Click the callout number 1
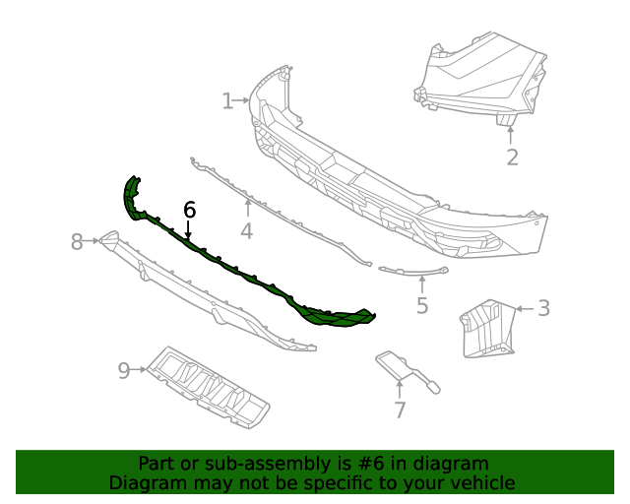click(227, 100)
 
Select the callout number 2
click(512, 157)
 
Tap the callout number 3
click(543, 308)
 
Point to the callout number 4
click(246, 231)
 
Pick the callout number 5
click(422, 305)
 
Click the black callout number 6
click(189, 210)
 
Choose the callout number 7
click(400, 410)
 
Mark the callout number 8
click(78, 241)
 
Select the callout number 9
click(124, 370)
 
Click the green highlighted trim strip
click(246, 275)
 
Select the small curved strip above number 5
click(413, 270)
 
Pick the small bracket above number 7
click(404, 368)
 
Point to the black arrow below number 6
click(188, 230)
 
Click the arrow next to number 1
click(242, 100)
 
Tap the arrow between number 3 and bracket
click(523, 308)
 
